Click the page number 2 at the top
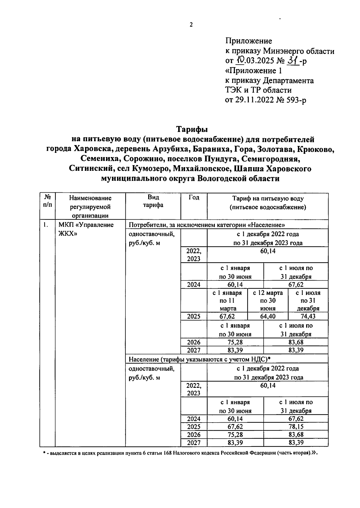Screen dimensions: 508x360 [191, 25]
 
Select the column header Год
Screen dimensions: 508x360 [194, 198]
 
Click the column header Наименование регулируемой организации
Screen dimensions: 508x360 [90, 206]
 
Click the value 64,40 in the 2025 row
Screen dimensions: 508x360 [268, 316]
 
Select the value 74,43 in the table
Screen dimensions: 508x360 [308, 316]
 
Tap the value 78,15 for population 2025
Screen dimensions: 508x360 [296, 426]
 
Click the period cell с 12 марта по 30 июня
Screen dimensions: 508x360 [268, 301]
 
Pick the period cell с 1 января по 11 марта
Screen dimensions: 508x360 [227, 301]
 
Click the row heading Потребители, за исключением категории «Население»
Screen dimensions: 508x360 [206, 225]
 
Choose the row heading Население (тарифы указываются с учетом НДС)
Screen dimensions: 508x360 [199, 359]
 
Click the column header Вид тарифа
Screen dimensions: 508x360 [153, 201]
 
